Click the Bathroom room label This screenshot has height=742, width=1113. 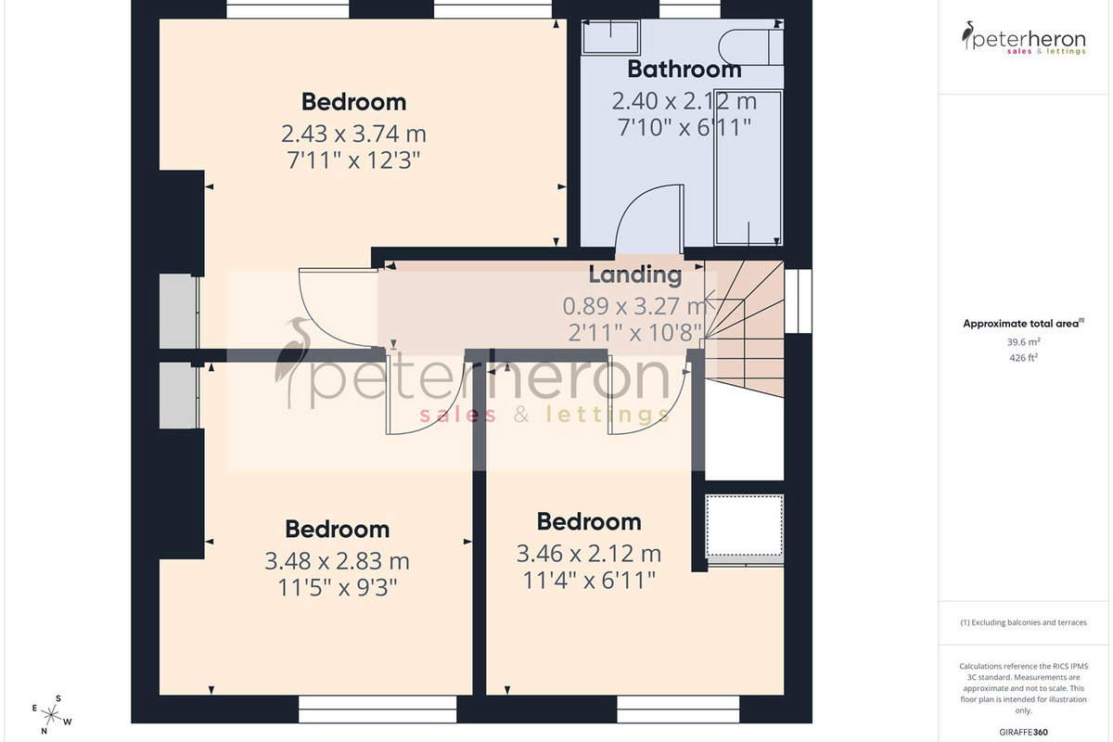pyautogui.click(x=684, y=69)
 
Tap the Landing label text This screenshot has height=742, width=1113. pyautogui.click(x=635, y=275)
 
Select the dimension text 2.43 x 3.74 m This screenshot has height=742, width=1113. pyautogui.click(x=353, y=134)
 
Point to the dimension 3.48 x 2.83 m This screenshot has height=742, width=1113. pyautogui.click(x=337, y=561)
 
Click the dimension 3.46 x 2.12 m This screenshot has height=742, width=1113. pyautogui.click(x=589, y=554)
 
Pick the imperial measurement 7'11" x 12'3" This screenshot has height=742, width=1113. pyautogui.click(x=353, y=160)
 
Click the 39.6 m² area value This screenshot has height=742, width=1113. pyautogui.click(x=1024, y=342)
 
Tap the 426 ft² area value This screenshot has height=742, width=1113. pyautogui.click(x=1024, y=357)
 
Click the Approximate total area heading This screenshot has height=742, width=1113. pyautogui.click(x=1024, y=324)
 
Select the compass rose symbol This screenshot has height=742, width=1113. pyautogui.click(x=51, y=716)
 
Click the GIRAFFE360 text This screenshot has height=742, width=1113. pyautogui.click(x=1024, y=732)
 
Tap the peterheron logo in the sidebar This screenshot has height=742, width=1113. pyautogui.click(x=1024, y=38)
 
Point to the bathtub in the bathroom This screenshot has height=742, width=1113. pyautogui.click(x=748, y=168)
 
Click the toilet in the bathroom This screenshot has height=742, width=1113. pyautogui.click(x=750, y=47)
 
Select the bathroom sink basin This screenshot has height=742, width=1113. pyautogui.click(x=610, y=37)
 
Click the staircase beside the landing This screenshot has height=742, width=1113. pyautogui.click(x=744, y=328)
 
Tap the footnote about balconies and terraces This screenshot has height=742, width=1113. pyautogui.click(x=1024, y=622)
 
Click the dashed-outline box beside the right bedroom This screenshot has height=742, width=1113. pyautogui.click(x=745, y=525)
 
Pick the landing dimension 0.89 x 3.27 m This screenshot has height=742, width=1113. pyautogui.click(x=635, y=306)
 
